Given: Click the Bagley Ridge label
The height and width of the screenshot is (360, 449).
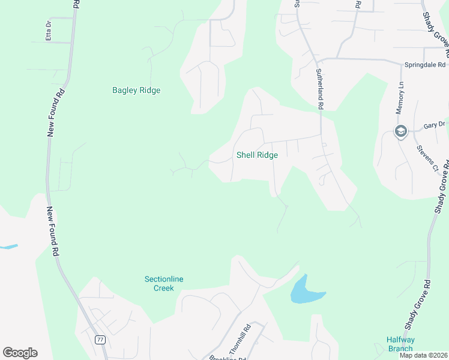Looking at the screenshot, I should pyautogui.click(x=136, y=91).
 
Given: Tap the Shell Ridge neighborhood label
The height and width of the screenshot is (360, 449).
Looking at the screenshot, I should pyautogui.click(x=257, y=155).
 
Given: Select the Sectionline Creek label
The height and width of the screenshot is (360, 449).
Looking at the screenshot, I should pyautogui.click(x=159, y=283).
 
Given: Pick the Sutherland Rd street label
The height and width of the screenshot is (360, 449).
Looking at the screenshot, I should pyautogui.click(x=320, y=88).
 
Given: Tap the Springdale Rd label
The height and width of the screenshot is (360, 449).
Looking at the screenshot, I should pyautogui.click(x=425, y=64).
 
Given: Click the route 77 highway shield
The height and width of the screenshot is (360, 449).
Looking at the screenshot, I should pyautogui.click(x=100, y=340).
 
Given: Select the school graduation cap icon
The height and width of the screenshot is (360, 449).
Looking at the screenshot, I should pyautogui.click(x=400, y=131).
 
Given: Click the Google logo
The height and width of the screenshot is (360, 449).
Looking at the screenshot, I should pyautogui.click(x=20, y=353).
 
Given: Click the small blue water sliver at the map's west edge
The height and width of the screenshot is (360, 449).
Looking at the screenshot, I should pyautogui.click(x=8, y=247).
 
